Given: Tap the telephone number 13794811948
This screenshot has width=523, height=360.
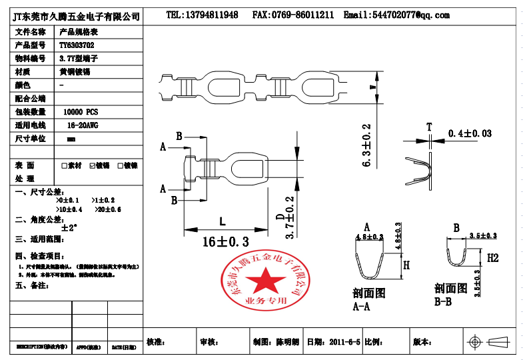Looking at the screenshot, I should coord(202,15).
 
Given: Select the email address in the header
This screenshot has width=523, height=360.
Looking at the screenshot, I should coord(396,15).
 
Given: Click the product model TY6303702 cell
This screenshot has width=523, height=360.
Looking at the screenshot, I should coord(77,45).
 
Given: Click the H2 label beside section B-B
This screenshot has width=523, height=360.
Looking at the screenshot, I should coord(492,257).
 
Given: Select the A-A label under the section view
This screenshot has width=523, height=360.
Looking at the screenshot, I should coord(361,307).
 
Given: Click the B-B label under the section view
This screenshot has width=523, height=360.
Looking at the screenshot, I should coord(443,301).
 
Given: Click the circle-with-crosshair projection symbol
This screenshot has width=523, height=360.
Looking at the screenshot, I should coord(476,342).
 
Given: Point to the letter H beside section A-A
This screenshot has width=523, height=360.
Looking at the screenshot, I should coord(406,265).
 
